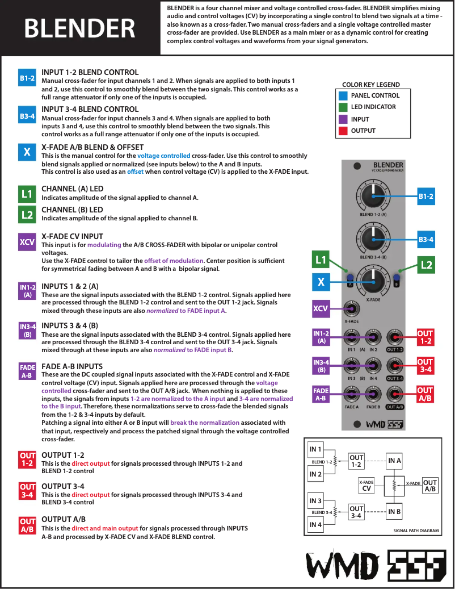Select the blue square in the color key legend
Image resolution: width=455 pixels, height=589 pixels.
343,95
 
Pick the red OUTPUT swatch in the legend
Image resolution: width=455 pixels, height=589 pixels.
343,131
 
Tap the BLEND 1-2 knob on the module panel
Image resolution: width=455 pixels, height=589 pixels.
373,197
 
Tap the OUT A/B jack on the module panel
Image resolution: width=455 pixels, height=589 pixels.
395,393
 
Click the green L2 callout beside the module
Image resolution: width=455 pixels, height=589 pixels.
427,264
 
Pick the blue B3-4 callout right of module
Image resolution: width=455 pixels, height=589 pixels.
426,240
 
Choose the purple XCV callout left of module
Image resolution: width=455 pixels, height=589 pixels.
321,310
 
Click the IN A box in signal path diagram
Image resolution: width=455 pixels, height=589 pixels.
395,460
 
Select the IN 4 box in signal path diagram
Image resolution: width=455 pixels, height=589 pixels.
315,525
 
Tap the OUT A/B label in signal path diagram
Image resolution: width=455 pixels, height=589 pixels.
430,486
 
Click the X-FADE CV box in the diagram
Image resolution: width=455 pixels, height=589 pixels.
366,485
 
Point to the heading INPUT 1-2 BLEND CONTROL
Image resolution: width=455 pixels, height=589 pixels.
90,72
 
